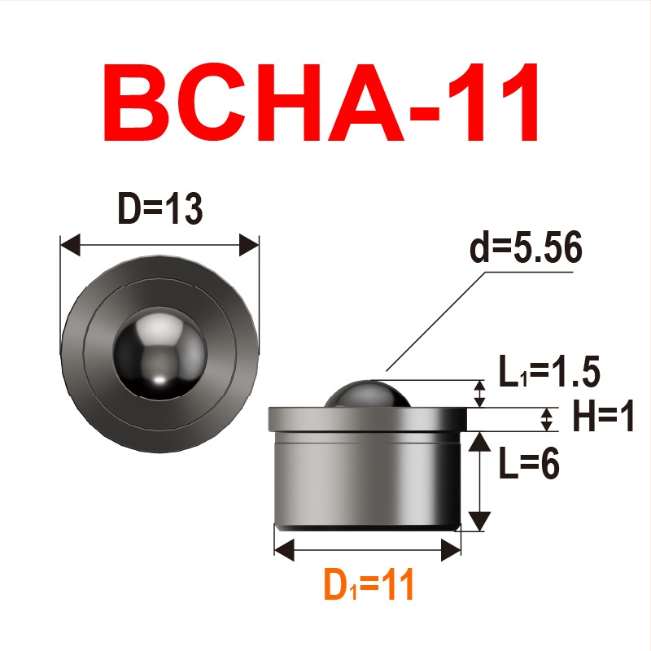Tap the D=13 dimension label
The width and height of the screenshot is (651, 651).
160,209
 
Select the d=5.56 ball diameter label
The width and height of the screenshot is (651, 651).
526,248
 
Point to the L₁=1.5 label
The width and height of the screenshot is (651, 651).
549,372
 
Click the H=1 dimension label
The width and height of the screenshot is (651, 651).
603,416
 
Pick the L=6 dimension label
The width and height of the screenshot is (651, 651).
529,463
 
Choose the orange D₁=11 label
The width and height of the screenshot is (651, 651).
369,584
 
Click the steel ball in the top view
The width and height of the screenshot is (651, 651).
159,353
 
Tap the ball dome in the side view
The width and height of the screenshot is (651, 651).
368,394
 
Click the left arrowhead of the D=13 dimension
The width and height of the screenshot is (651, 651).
70,245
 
